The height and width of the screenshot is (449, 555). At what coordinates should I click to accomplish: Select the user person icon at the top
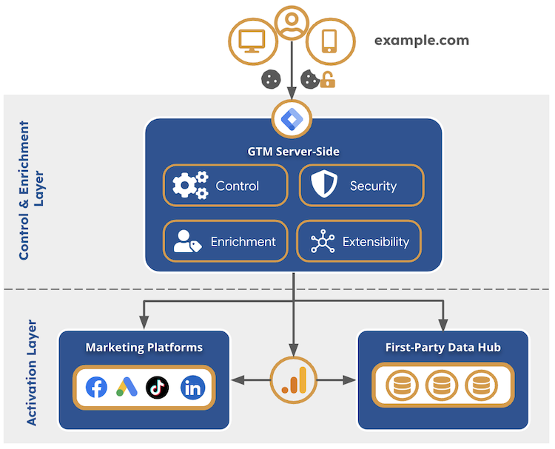(x=292, y=22)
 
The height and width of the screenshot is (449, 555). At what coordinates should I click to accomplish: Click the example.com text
(x=421, y=41)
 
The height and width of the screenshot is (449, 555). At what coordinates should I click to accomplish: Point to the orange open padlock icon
(x=327, y=79)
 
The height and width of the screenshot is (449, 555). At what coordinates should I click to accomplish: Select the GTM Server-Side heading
(x=293, y=152)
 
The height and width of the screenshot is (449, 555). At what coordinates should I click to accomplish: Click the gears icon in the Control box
(x=189, y=186)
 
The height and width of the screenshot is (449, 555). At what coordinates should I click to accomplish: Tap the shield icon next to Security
(x=324, y=186)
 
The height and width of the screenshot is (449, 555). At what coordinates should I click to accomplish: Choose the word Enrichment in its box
(x=243, y=242)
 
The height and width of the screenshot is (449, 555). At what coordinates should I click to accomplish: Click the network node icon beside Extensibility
(x=323, y=242)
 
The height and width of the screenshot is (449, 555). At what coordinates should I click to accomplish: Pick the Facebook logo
(x=96, y=387)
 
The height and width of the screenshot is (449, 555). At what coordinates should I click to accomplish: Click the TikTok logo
(x=158, y=387)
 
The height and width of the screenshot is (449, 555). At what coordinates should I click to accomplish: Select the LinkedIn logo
(x=192, y=387)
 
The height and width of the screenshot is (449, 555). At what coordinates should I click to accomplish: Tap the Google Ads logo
(x=127, y=387)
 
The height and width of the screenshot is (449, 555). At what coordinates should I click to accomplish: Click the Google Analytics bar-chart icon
(x=293, y=379)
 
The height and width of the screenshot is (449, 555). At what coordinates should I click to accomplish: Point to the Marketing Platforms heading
(x=144, y=348)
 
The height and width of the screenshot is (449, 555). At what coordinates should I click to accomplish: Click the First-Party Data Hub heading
(x=443, y=348)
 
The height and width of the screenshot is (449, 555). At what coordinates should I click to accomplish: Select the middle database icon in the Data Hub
(x=442, y=386)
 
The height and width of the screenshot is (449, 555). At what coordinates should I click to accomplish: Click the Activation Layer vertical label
(x=31, y=372)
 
